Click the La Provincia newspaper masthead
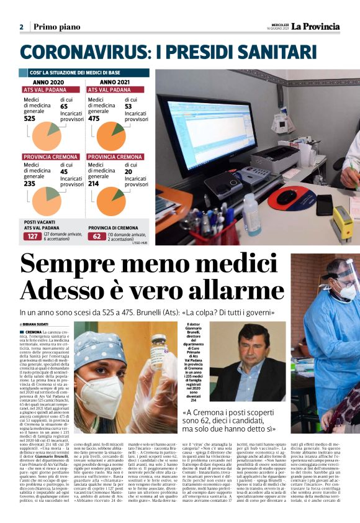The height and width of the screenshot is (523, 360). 316,26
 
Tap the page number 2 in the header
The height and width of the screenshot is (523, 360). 21,27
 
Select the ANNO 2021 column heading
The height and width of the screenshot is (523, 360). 115,81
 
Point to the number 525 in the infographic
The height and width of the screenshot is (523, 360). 30,118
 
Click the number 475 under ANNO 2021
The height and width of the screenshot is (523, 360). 94,118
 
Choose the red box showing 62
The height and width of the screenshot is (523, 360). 96,236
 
